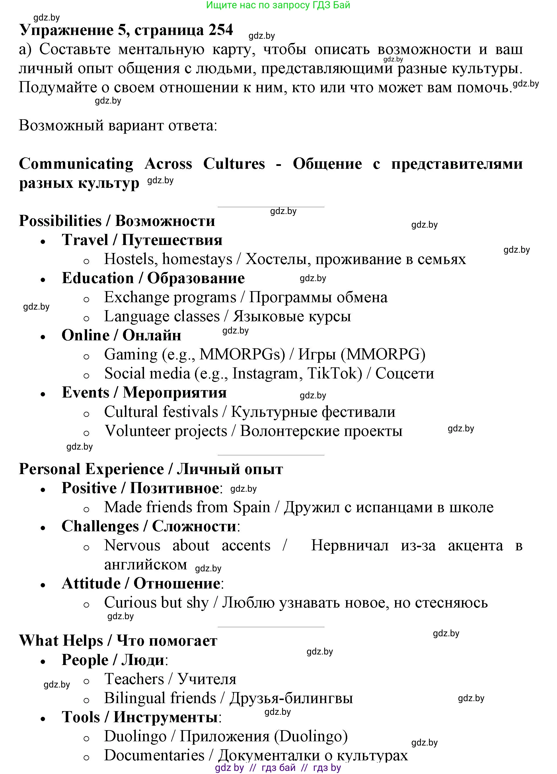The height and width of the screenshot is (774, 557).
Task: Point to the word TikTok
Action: point(334,373)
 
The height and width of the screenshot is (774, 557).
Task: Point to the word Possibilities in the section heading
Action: point(60,221)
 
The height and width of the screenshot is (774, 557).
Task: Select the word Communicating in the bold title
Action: point(76,164)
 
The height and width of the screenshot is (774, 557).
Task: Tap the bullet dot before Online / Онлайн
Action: point(43,337)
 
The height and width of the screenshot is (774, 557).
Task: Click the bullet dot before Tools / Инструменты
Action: point(43,719)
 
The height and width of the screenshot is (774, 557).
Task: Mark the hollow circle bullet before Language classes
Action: point(86,318)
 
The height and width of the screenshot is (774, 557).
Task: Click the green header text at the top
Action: point(278,5)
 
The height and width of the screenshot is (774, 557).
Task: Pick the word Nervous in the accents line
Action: point(132,545)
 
